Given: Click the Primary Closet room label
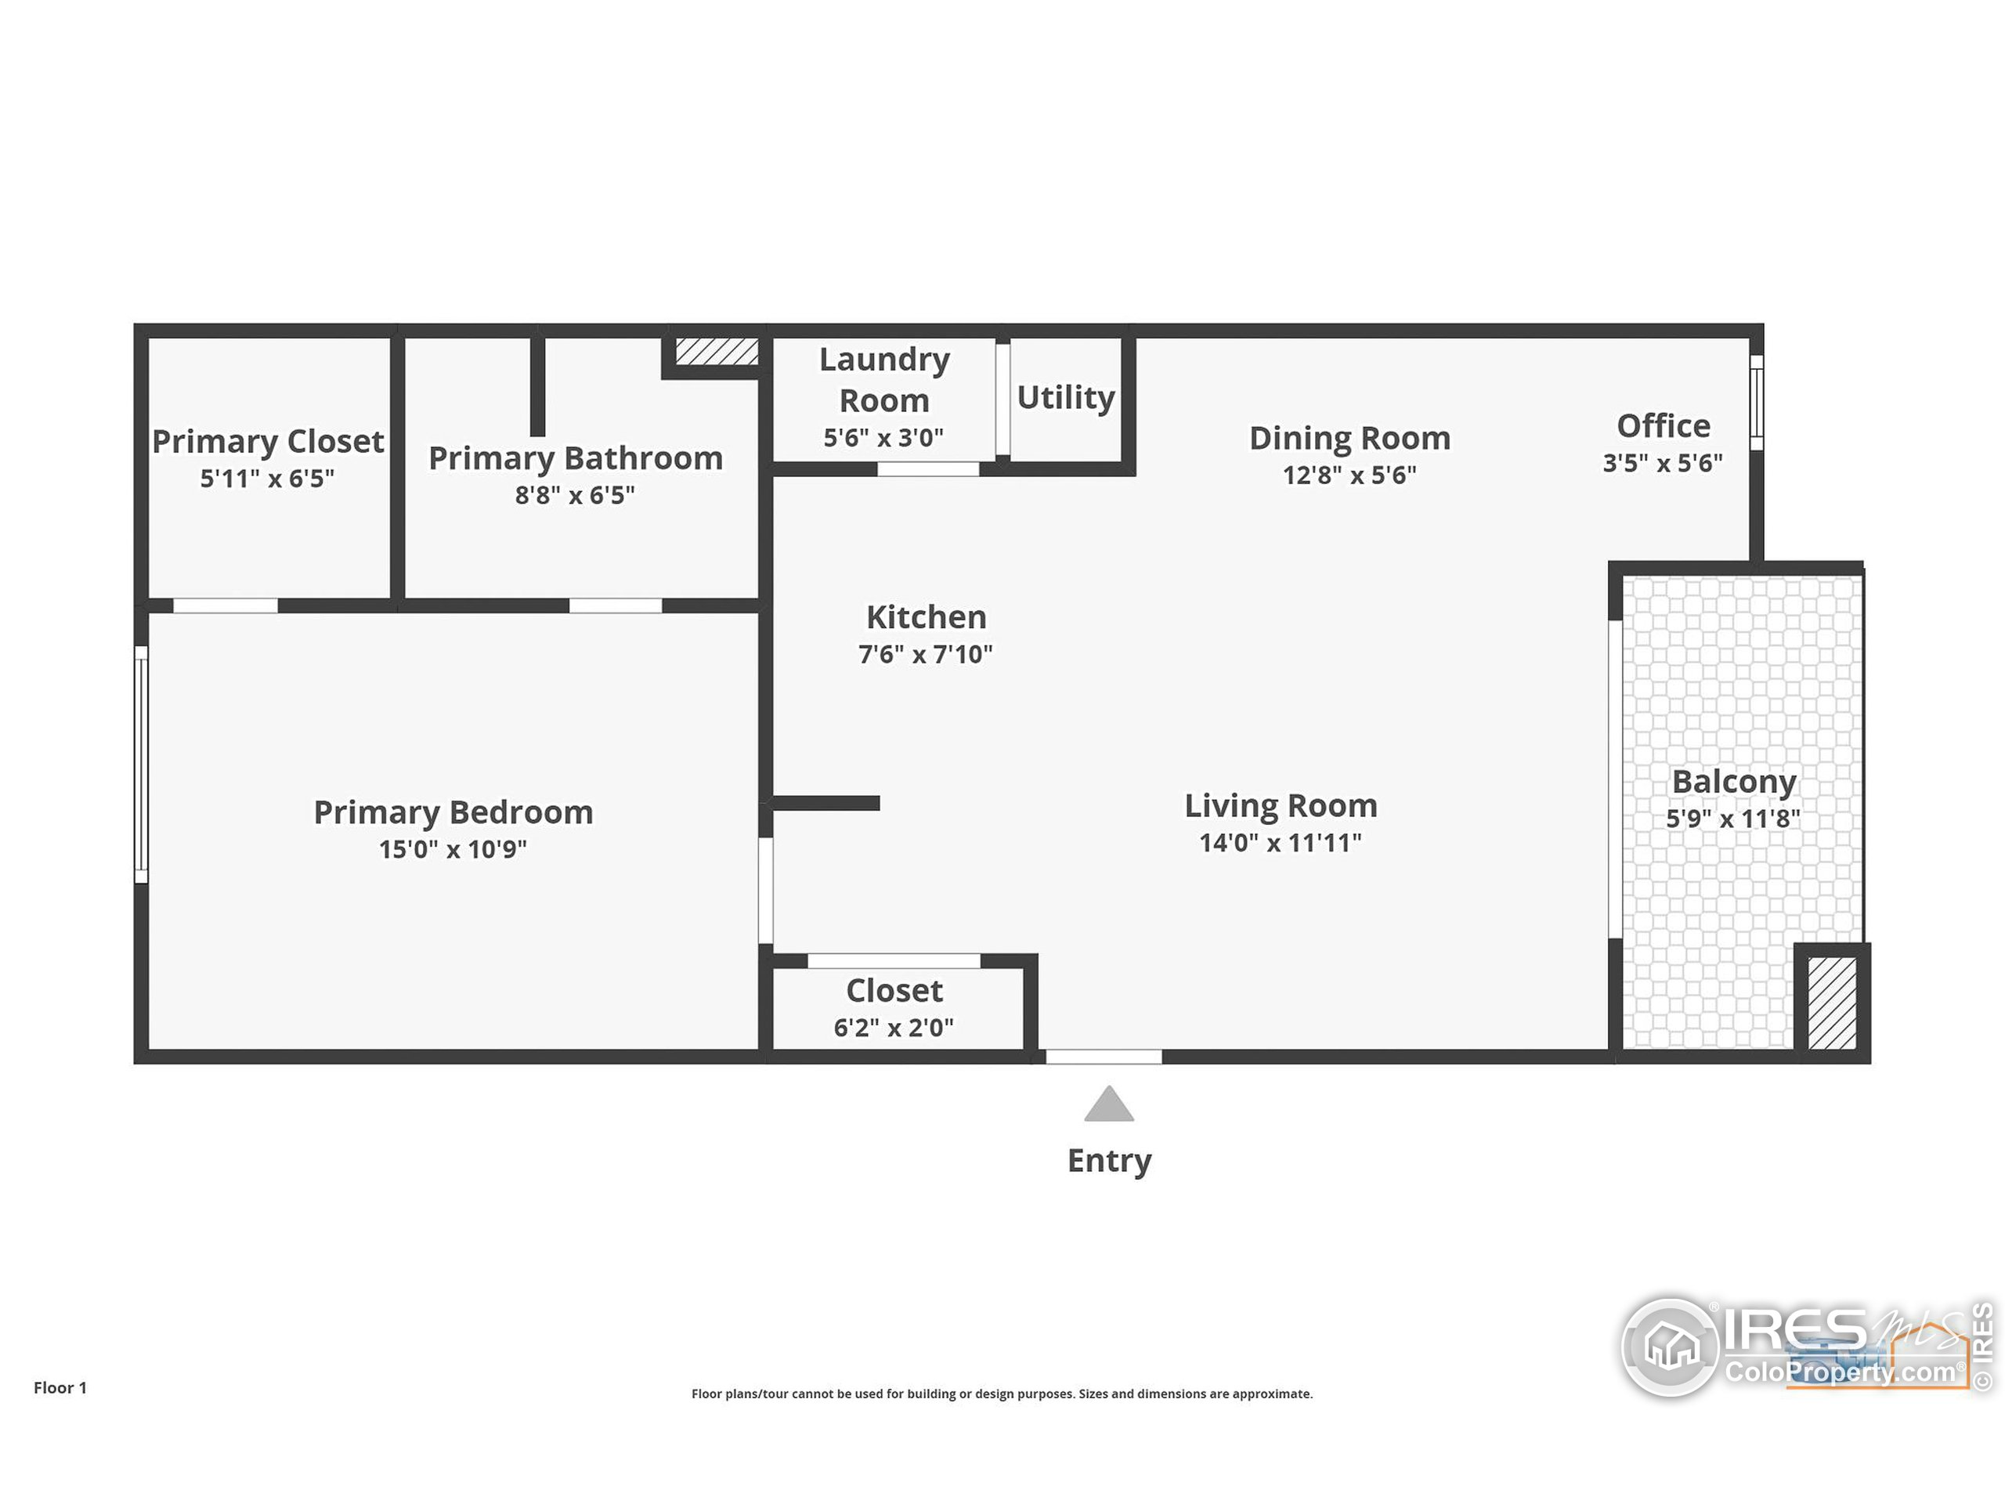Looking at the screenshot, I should (x=267, y=442).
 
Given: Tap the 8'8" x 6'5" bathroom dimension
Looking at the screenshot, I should (x=575, y=495).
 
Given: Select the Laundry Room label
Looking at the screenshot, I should (x=885, y=379).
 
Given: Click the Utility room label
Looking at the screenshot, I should (x=1065, y=397).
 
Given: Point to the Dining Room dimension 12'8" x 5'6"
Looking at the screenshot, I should (x=1349, y=475).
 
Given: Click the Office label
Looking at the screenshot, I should (x=1664, y=425).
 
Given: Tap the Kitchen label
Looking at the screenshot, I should (x=926, y=616).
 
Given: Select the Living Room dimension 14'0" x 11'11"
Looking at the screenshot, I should (x=1280, y=842).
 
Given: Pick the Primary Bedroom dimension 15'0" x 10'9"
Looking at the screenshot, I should (x=453, y=849).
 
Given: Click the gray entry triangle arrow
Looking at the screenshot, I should (x=1108, y=1106).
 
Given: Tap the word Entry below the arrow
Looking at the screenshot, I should (x=1108, y=1159).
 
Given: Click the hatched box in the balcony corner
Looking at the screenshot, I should (x=1832, y=1003).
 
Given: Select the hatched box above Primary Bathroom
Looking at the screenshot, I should (x=716, y=351).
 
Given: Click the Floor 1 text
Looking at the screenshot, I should (x=60, y=1387).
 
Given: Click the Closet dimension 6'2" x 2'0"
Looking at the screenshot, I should (x=894, y=1027).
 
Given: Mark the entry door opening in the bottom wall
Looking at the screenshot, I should (x=1103, y=1056).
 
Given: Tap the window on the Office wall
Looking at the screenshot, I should (x=1756, y=402).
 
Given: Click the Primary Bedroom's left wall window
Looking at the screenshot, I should (x=142, y=763).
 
